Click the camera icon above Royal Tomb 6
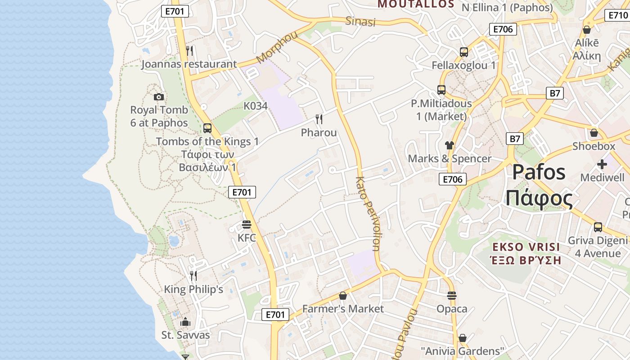[158, 97]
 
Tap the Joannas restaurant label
[189, 64]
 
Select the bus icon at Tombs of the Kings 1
[207, 128]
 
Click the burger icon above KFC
[247, 224]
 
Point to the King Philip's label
[193, 289]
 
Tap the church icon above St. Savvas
[185, 322]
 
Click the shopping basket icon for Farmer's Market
[343, 296]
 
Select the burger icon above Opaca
[452, 296]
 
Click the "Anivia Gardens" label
[462, 351]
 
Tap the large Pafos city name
[539, 172]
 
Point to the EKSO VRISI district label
[526, 247]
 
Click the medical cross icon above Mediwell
[602, 164]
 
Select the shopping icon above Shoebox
[594, 133]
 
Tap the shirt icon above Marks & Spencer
[450, 145]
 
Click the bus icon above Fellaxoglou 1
[464, 52]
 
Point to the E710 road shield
[618, 15]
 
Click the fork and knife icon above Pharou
[319, 119]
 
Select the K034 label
[256, 106]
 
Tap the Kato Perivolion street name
[368, 213]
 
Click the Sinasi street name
[360, 21]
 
